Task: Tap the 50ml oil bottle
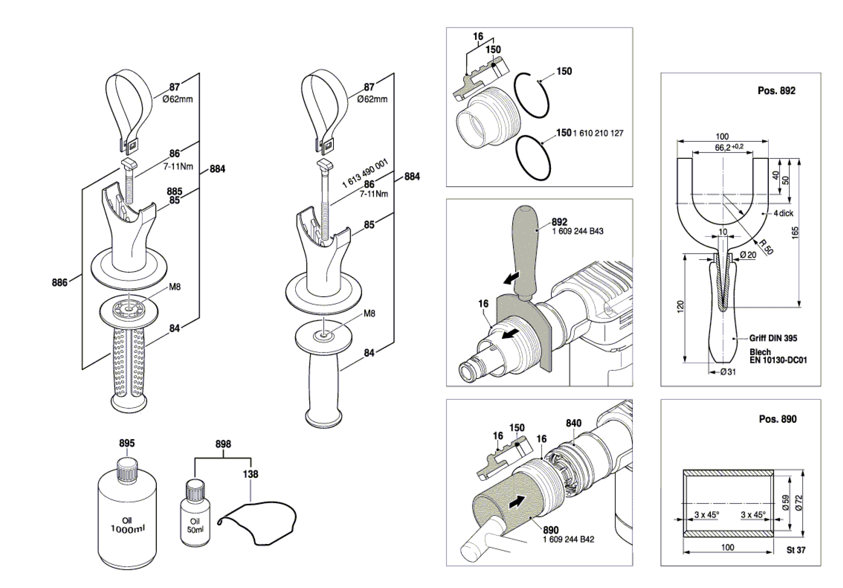tap(195, 518)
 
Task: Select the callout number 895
tap(127, 443)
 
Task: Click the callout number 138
tap(250, 474)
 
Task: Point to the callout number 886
tap(59, 282)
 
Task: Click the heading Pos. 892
tap(777, 91)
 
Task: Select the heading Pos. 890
tap(778, 419)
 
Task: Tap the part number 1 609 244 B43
tap(578, 231)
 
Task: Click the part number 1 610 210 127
tap(598, 133)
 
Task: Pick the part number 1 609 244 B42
tap(568, 539)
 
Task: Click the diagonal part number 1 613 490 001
tap(365, 173)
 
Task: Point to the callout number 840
tap(573, 423)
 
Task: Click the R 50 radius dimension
tap(766, 247)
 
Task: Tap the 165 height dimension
tap(795, 233)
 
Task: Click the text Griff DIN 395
tap(773, 338)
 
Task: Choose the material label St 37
tap(796, 550)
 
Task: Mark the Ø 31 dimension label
tap(728, 372)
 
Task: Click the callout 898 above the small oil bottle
tap(223, 444)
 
